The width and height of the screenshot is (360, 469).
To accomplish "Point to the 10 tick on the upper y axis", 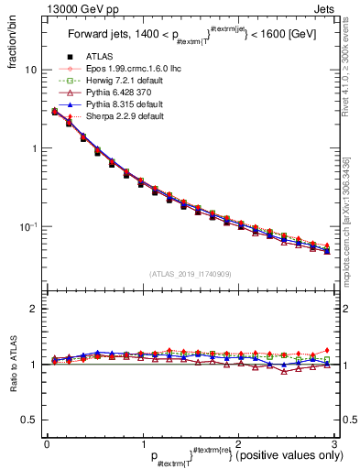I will coord(31,70).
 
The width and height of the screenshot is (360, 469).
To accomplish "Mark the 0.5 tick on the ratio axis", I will coord(30,420).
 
